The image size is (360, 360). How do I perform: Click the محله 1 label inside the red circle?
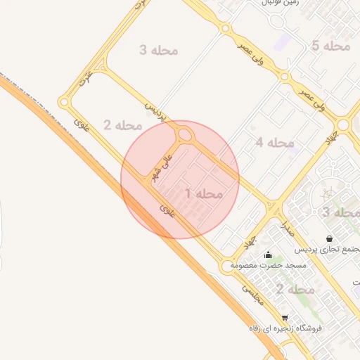tap(204, 193)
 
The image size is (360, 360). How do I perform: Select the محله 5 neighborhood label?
tap(330, 46)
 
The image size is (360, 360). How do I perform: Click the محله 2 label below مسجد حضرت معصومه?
tap(295, 289)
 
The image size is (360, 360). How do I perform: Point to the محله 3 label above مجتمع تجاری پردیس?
tap(340, 212)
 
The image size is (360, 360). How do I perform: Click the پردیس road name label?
tap(155, 111)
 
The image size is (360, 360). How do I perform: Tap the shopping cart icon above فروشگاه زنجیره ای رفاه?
tap(285, 318)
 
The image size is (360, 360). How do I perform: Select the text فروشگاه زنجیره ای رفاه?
tap(285, 328)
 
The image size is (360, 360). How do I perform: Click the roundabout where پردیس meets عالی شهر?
tap(185, 134)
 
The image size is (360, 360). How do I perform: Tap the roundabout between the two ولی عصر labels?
tap(284, 77)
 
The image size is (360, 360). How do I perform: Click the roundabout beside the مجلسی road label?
tap(226, 266)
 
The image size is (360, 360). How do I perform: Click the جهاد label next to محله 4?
tap(330, 140)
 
